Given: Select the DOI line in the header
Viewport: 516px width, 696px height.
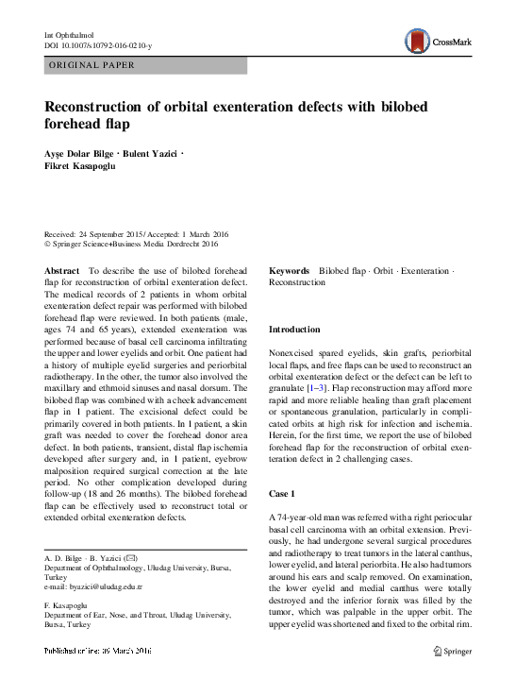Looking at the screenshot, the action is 98,44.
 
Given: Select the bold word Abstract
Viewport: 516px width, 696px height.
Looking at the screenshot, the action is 62,271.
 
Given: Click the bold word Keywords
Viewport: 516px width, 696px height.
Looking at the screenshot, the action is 291,271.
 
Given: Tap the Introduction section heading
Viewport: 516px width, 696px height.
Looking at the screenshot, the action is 295,329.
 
